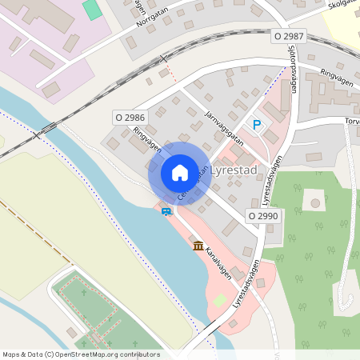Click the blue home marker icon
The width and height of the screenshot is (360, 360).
[180, 173]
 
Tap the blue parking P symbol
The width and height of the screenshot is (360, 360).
[257, 125]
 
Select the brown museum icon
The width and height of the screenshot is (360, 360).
[198, 245]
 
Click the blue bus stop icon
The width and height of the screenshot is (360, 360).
[166, 212]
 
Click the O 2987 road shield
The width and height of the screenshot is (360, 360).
[289, 36]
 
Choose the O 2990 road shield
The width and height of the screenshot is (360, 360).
[262, 216]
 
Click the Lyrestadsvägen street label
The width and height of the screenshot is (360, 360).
[246, 285]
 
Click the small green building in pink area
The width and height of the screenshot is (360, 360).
[93, 10]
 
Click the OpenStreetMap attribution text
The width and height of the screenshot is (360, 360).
[81, 354]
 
